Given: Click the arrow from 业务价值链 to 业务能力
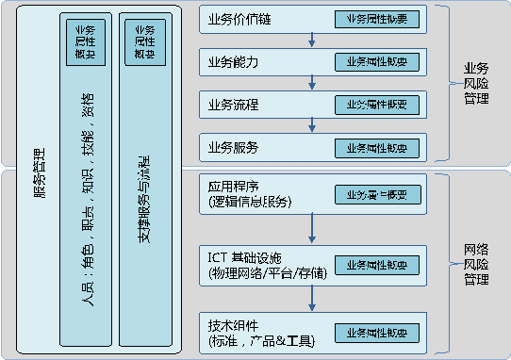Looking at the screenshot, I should click(x=312, y=40).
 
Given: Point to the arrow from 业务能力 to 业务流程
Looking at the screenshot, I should click(x=312, y=82).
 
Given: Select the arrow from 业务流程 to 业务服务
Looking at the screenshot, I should click(x=312, y=125).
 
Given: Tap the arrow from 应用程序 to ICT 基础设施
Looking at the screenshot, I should click(x=312, y=228).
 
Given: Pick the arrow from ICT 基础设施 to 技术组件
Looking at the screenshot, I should click(x=312, y=297).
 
